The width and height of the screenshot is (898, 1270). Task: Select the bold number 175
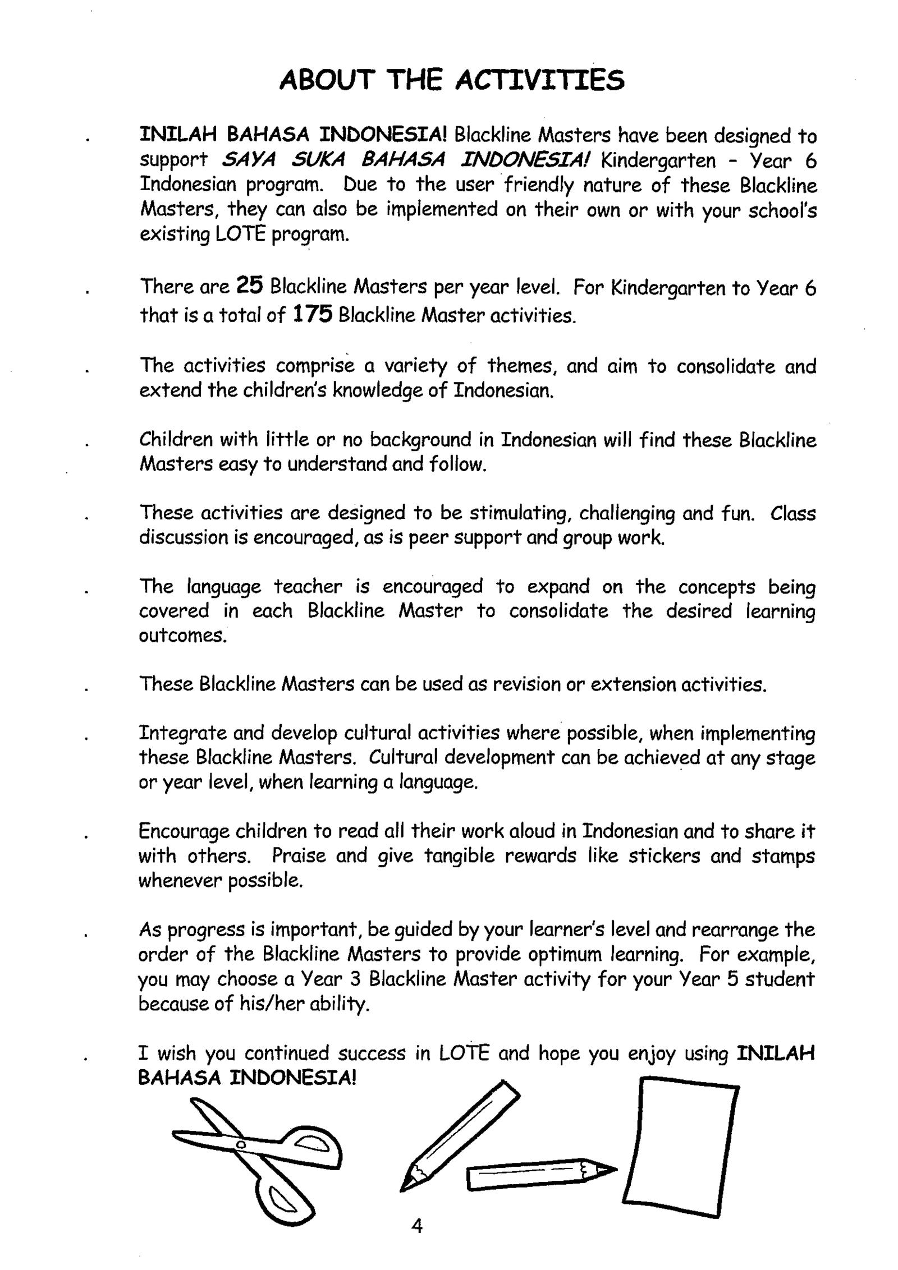tap(313, 314)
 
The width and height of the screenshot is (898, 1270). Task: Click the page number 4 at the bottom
tap(417, 1225)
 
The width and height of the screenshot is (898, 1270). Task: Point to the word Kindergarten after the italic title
tap(658, 161)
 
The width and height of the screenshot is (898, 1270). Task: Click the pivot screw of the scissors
tap(241, 1144)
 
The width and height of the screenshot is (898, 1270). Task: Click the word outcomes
tap(182, 635)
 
